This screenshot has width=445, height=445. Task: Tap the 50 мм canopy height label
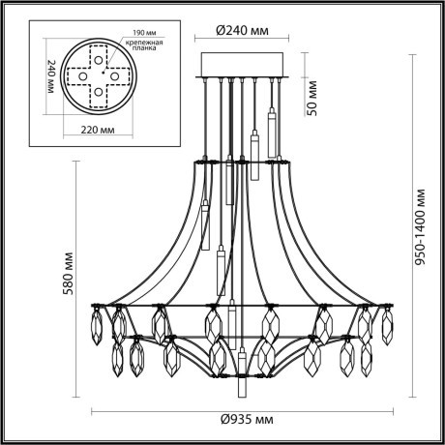(311, 95)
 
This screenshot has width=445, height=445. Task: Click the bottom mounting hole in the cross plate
(97, 93)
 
